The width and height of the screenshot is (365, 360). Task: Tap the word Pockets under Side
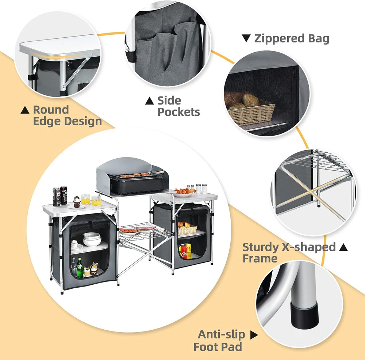pyautogui.click(x=178, y=112)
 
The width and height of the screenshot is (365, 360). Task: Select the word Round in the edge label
pyautogui.click(x=51, y=110)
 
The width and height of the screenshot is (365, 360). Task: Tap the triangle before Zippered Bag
pyautogui.click(x=246, y=38)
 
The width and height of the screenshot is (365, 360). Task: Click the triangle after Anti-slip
pyautogui.click(x=254, y=334)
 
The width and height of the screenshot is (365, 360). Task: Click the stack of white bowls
pyautogui.click(x=92, y=239)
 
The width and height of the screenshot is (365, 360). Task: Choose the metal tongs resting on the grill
pyautogui.click(x=157, y=171)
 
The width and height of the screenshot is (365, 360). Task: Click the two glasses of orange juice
pyautogui.click(x=91, y=200)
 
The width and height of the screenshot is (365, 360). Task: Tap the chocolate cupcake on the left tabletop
pyautogui.click(x=77, y=202)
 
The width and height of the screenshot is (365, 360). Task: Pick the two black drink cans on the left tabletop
pyautogui.click(x=60, y=196)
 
